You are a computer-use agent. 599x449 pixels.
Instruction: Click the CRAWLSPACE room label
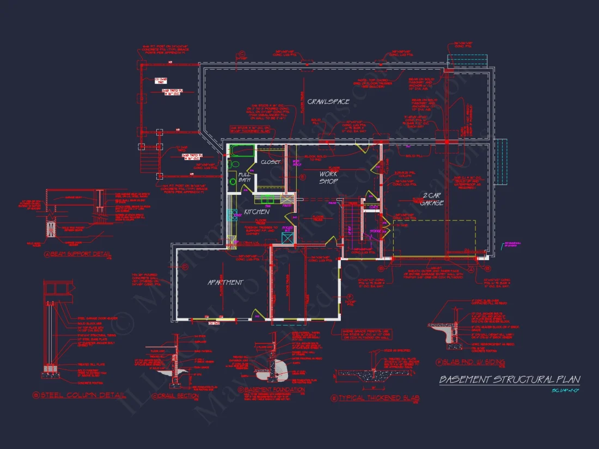328,102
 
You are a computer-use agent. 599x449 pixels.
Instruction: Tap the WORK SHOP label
328,177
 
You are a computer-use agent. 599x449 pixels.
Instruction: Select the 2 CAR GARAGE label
433,199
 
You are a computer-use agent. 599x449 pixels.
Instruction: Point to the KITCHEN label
256,211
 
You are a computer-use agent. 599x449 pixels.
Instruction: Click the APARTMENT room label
225,282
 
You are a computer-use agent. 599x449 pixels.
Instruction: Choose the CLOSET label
271,162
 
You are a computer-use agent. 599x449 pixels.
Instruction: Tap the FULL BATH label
245,179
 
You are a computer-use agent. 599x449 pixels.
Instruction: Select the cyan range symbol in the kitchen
231,214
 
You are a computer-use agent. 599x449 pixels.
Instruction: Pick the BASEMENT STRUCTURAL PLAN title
510,379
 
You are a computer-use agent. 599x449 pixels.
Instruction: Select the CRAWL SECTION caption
175,396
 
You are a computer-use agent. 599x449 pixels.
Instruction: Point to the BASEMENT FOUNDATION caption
274,390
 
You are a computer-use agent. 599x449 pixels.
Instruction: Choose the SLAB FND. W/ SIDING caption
470,362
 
